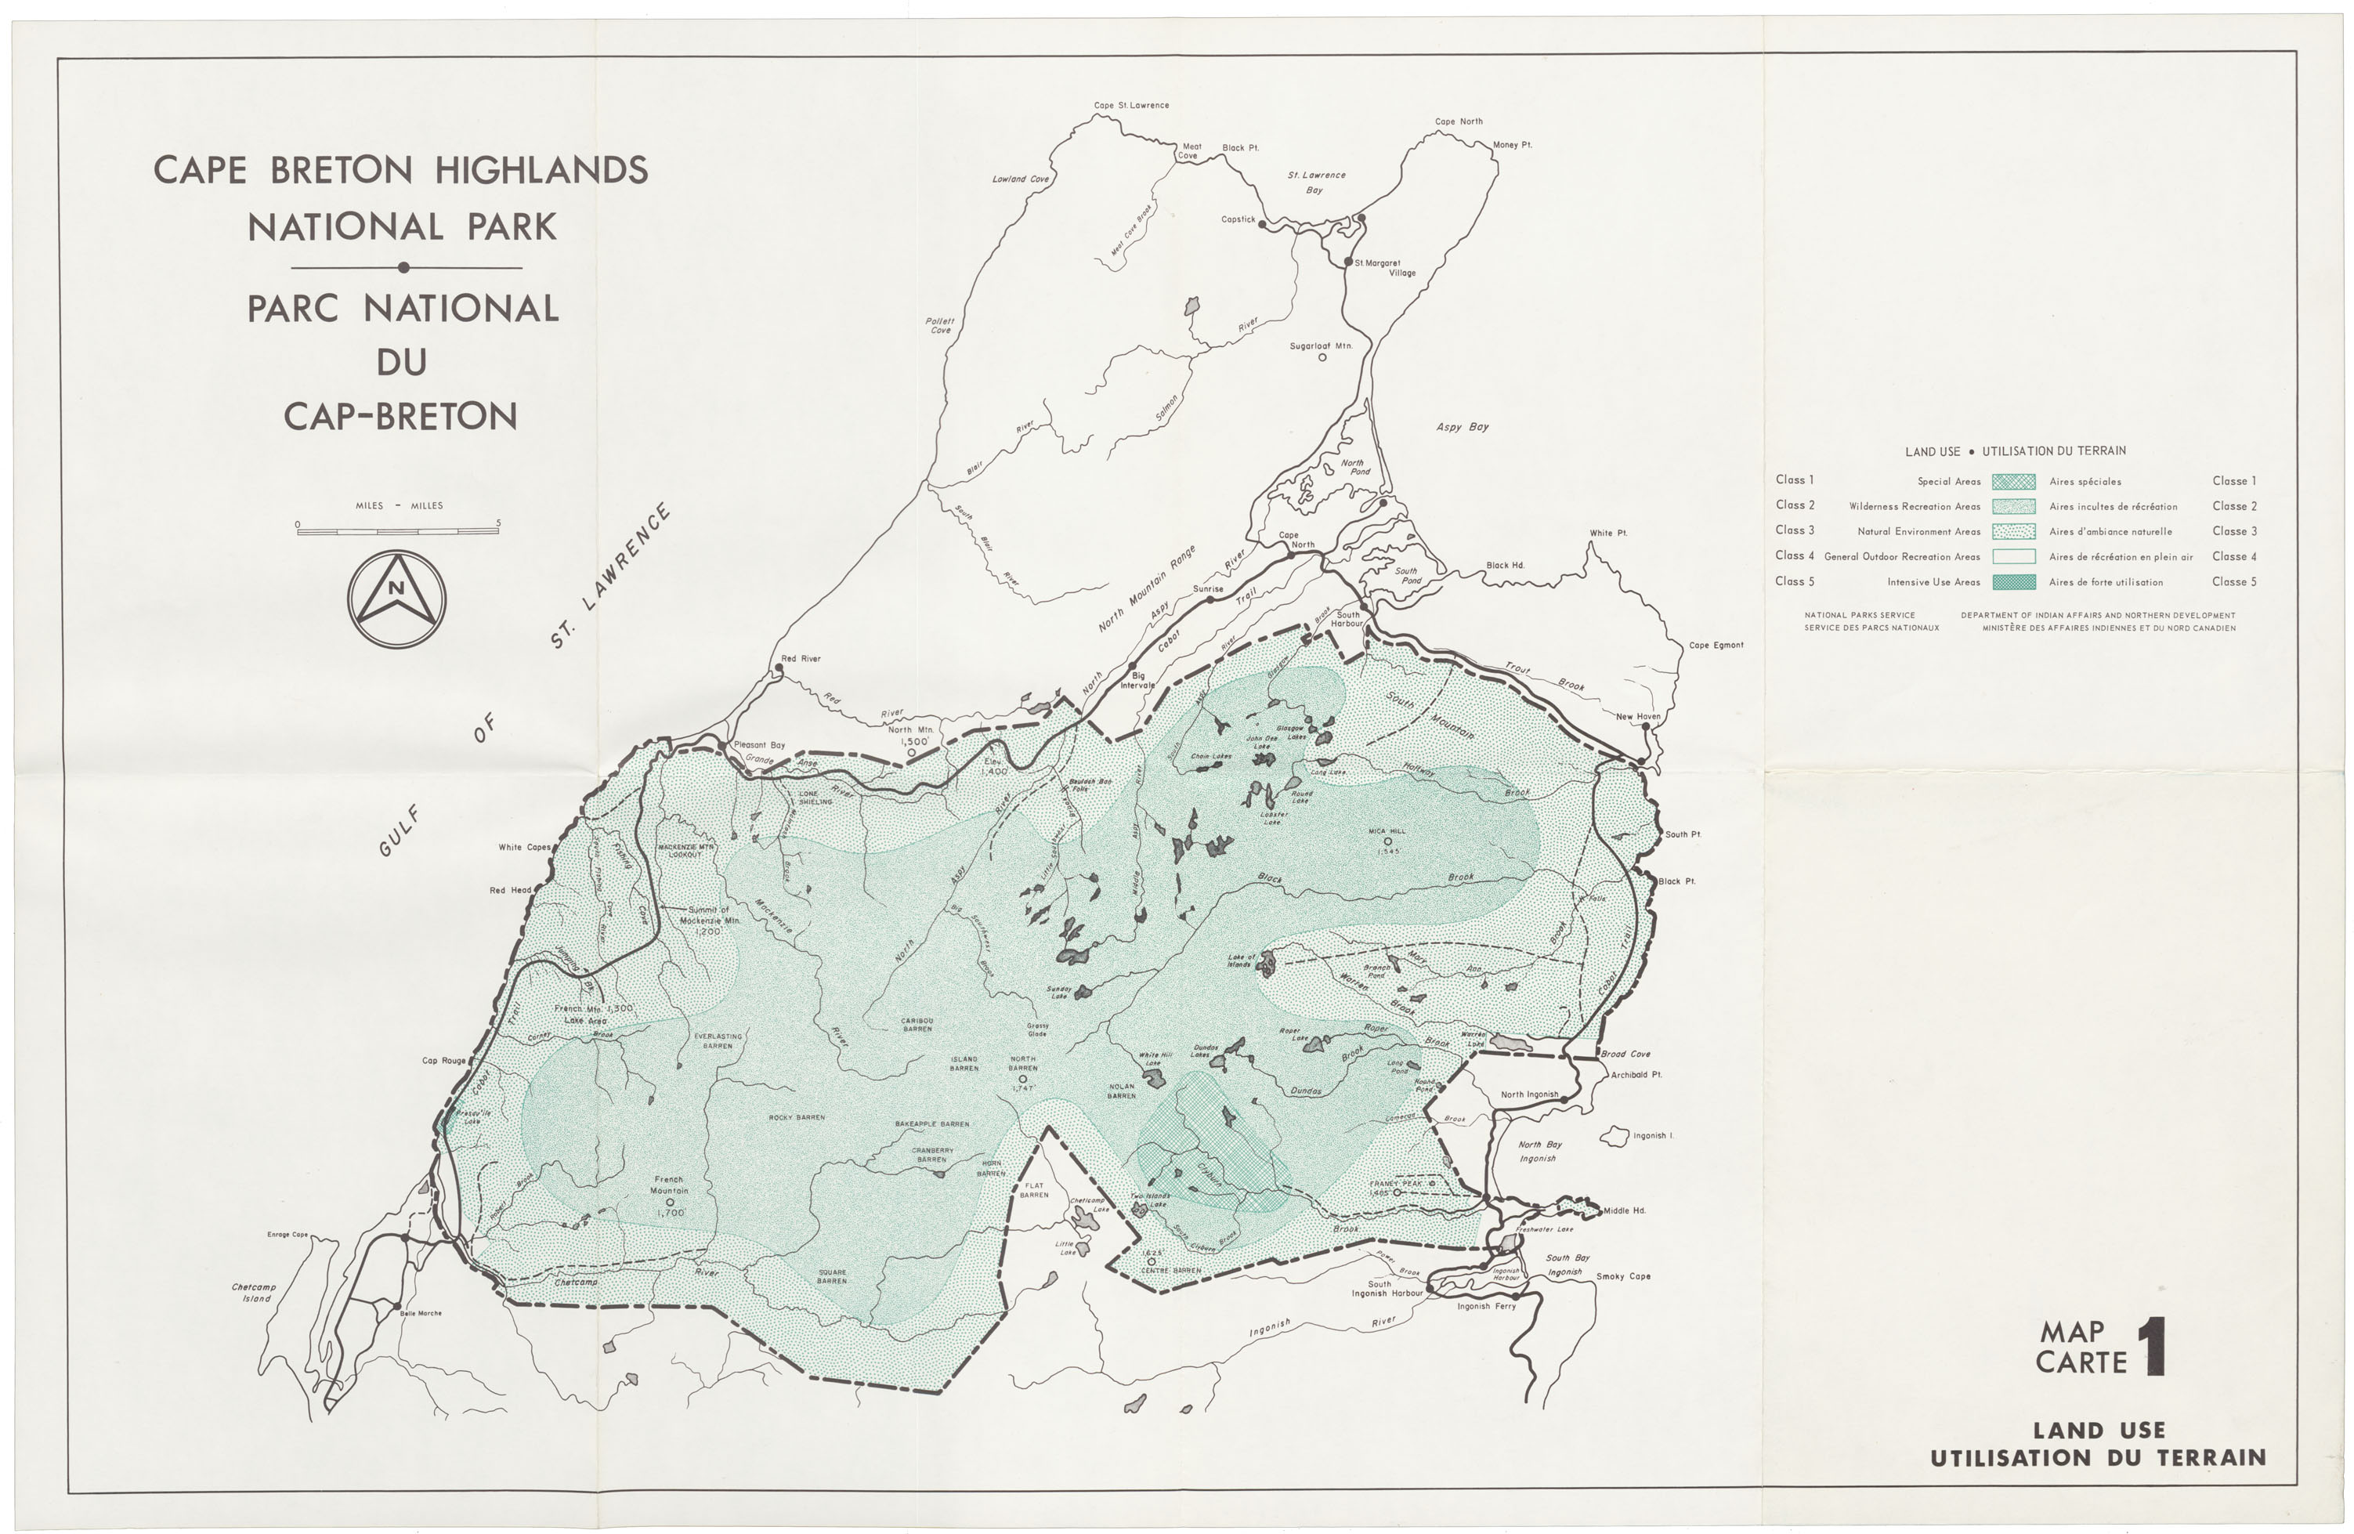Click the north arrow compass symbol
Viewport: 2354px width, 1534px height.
coord(396,599)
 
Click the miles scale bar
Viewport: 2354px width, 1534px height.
coord(398,531)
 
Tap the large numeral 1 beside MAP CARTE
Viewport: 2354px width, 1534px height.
coord(2154,1346)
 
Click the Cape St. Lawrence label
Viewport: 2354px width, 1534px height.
coord(1130,106)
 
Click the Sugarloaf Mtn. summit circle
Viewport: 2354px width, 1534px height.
coord(1322,357)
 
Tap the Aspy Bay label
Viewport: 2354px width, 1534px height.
coord(1462,427)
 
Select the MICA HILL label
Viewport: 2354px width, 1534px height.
coord(1387,830)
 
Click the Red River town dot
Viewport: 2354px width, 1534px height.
coord(779,668)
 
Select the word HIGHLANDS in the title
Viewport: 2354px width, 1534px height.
coord(541,170)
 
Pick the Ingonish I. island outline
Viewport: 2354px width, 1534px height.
coord(1615,1135)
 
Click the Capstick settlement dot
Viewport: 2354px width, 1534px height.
coord(1262,225)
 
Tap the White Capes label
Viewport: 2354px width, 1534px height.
coord(524,848)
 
